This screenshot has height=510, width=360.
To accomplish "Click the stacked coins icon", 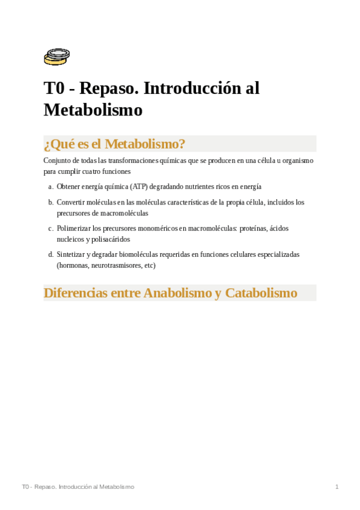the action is click(56, 57).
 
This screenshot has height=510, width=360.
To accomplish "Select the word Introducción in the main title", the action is click(192, 88).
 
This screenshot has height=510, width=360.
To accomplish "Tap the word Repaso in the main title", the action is click(108, 88).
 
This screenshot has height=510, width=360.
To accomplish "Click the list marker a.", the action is click(50, 187).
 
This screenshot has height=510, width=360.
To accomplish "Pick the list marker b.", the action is click(50, 203).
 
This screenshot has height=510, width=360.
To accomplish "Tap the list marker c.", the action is click(50, 229).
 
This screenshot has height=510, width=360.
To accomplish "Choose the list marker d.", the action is click(50, 254).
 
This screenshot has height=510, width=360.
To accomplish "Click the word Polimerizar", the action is click(73, 229).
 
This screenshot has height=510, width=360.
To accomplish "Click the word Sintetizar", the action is click(70, 254).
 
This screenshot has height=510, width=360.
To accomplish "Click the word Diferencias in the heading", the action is click(76, 293).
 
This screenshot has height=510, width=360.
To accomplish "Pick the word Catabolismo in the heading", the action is click(261, 293).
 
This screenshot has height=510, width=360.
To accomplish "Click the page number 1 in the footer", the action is click(337, 487).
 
